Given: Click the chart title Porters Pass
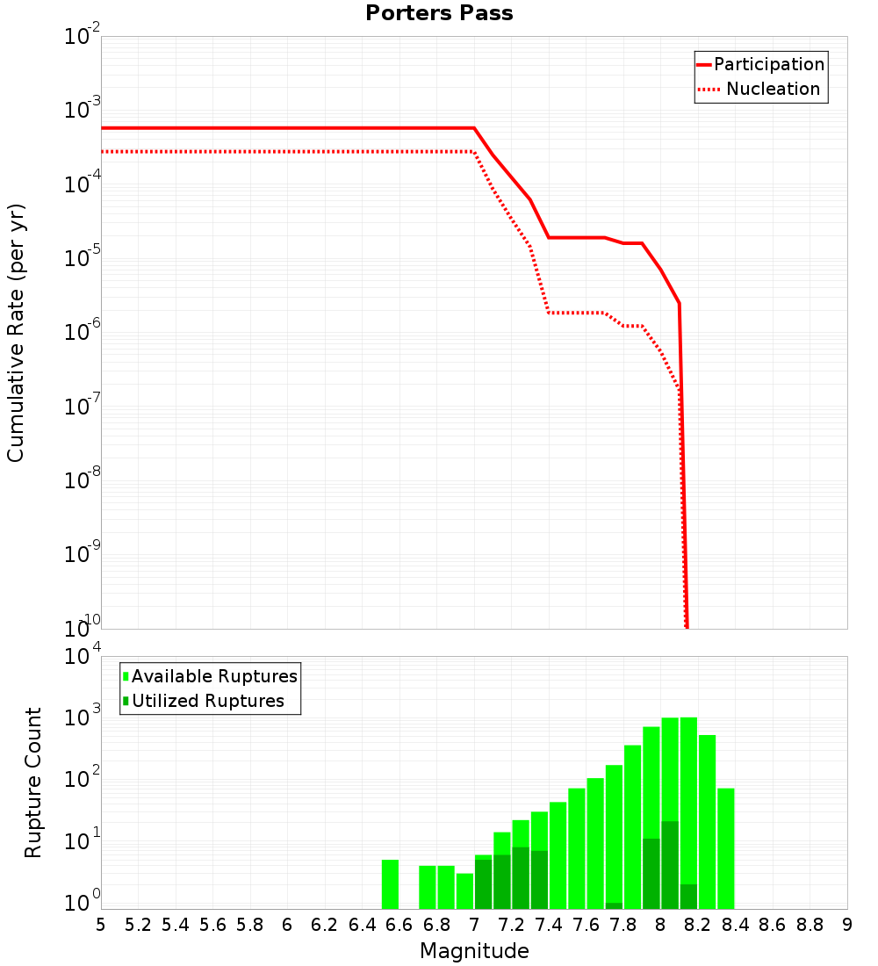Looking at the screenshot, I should coord(439,13).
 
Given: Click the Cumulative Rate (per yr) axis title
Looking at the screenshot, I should coord(16,333).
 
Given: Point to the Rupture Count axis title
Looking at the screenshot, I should coord(33,782).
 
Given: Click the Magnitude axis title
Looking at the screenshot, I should coord(474,951).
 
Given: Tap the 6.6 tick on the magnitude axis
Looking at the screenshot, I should coord(399,925).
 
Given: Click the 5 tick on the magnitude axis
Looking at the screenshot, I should coord(101,925).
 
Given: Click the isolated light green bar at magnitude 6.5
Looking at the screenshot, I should coord(391,884).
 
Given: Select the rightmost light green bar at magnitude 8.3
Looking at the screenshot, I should coord(726,848).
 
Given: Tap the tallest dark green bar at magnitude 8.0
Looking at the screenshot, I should coord(670,865).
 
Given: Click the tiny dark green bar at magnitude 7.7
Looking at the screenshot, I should coord(614,905).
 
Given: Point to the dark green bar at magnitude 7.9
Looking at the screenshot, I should coord(651,874).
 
